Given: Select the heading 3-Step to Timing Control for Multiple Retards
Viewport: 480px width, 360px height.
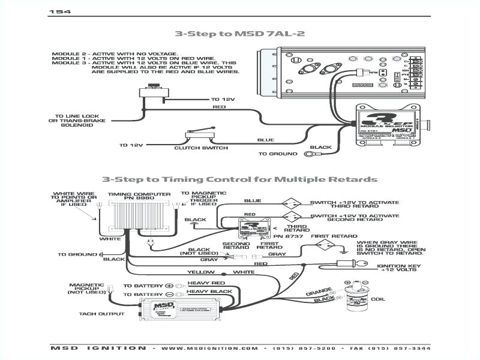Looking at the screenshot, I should tap(239, 179).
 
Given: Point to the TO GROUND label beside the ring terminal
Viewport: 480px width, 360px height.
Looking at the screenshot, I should tap(278, 154).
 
